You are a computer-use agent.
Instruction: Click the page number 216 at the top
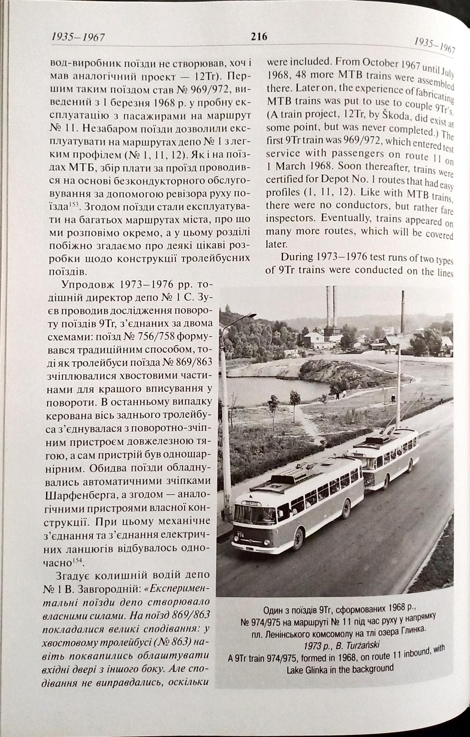pos(259,37)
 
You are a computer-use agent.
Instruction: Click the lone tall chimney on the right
pos(403,311)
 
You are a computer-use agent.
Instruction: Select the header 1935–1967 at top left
pos(78,37)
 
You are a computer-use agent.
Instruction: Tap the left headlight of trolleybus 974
pos(236,542)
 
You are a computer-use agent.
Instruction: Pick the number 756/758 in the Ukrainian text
pos(149,337)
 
